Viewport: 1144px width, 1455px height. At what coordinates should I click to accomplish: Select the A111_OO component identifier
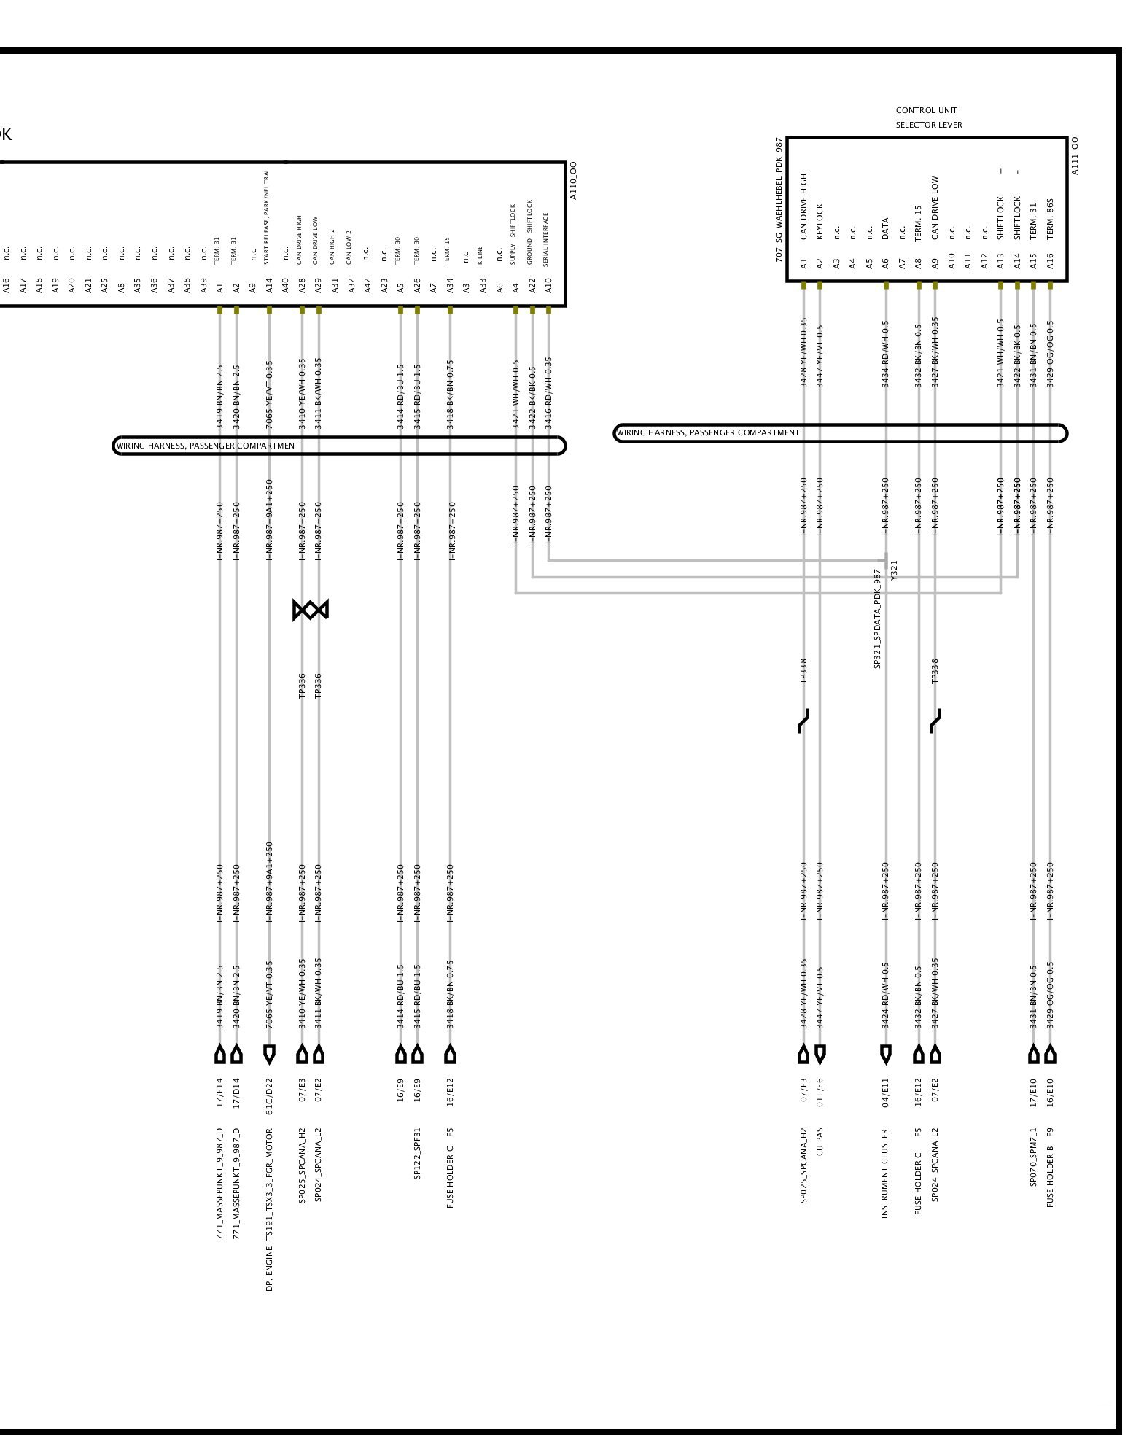(x=1075, y=155)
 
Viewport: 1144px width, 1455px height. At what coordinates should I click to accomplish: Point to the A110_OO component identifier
(x=573, y=181)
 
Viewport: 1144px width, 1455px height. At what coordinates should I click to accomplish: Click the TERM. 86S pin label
(x=1050, y=218)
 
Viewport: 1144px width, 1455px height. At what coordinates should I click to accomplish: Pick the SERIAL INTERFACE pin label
(x=548, y=240)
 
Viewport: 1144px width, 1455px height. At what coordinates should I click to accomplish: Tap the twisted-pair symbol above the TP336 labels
(x=311, y=610)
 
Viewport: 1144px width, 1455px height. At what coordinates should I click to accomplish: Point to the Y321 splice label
(x=895, y=570)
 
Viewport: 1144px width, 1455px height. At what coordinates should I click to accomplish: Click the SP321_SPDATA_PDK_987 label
(x=878, y=619)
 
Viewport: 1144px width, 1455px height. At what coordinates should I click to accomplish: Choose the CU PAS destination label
(x=820, y=1142)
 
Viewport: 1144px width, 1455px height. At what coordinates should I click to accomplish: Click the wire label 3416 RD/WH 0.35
(x=548, y=392)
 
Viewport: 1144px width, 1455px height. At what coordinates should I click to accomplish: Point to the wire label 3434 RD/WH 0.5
(x=885, y=354)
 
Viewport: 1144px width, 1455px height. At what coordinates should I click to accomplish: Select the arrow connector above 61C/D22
(x=269, y=1054)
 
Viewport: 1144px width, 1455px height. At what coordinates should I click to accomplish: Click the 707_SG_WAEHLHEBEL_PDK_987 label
(x=779, y=200)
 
